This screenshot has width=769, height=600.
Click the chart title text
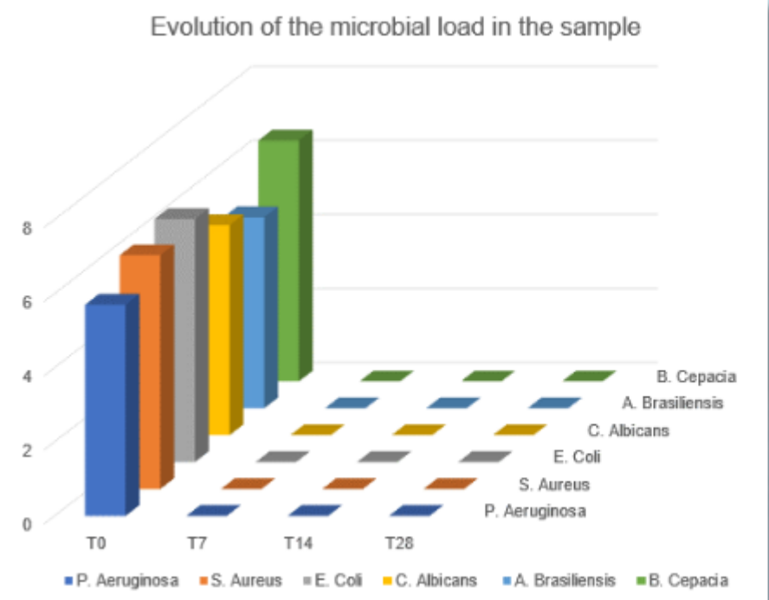coord(396,28)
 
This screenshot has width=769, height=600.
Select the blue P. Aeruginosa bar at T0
coord(105,407)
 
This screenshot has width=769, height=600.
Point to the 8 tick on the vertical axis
coord(26,229)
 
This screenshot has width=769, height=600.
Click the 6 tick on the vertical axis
coord(26,301)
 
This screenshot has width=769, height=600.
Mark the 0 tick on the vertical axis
coord(26,522)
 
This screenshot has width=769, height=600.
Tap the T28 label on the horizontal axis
coord(399,544)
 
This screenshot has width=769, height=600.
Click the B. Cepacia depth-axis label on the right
coord(696,377)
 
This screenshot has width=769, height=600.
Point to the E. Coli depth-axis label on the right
coord(574,456)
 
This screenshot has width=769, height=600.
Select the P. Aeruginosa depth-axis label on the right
coord(535,511)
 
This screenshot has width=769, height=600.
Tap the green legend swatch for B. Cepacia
coord(642,579)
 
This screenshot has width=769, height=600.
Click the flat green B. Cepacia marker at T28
coord(589,376)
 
